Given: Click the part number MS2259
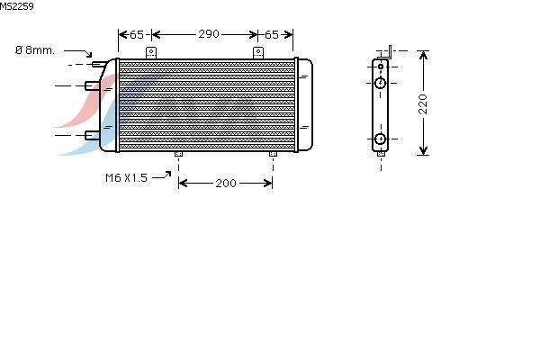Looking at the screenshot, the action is (x=16, y=6).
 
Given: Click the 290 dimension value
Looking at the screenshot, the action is (x=209, y=34).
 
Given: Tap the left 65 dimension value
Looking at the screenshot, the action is (x=137, y=34).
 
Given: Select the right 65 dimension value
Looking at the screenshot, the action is (x=272, y=34).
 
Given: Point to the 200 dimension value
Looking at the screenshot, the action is (x=226, y=183).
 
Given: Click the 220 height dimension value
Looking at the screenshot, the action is (x=423, y=103).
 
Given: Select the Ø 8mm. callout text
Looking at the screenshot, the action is (x=35, y=50).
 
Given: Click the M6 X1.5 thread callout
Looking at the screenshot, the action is (x=126, y=178).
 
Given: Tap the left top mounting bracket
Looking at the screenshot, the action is (x=151, y=53).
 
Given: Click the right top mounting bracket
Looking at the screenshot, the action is (x=258, y=53).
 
